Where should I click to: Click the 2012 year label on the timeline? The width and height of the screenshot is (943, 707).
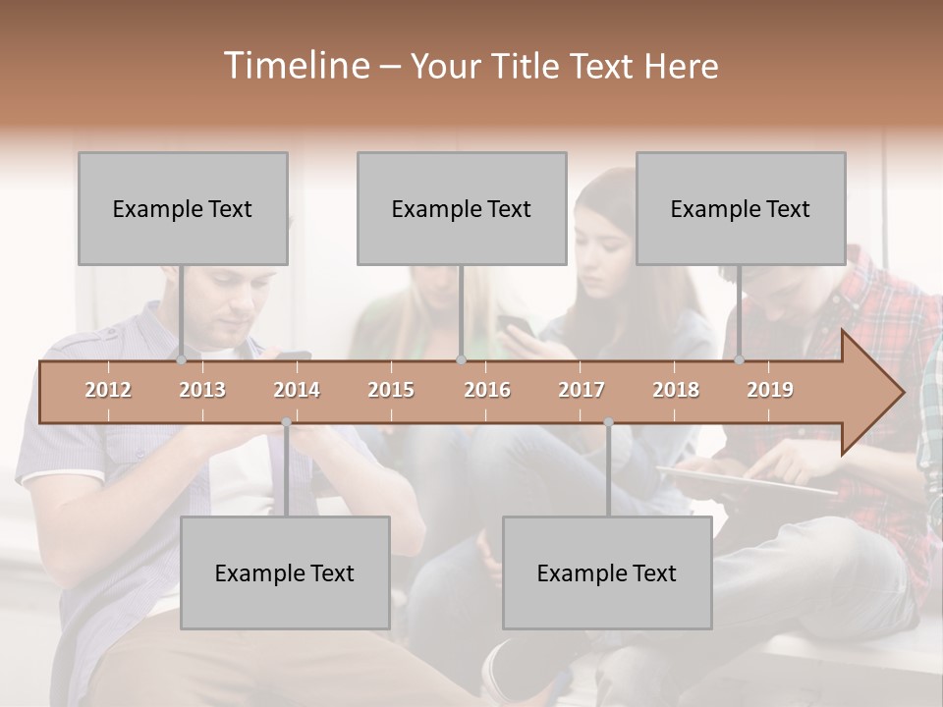pos(108,390)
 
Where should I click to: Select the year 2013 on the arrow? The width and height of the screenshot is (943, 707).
pos(202,390)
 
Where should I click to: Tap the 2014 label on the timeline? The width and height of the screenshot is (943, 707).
pos(297,390)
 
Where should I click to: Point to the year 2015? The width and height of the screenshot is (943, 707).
pos(391,390)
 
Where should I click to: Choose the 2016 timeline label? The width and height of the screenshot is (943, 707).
pos(487,390)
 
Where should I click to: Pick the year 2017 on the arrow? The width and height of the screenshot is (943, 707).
pos(582,390)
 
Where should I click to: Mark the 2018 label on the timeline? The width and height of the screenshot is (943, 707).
pos(676,390)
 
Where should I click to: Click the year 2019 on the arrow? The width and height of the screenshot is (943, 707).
pos(770,390)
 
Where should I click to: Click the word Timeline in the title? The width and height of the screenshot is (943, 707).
pos(295,66)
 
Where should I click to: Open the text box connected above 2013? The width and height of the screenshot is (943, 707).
pos(183,208)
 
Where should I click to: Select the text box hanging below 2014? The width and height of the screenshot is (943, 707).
pos(285,572)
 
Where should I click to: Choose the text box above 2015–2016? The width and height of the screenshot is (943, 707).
pos(462,208)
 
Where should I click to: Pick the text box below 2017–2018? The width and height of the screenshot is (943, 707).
pos(607,572)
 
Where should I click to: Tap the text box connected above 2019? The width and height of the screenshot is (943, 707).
pos(741,208)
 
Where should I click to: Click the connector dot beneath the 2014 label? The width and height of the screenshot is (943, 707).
pos(286,422)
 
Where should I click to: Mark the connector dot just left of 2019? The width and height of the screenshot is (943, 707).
pos(739,360)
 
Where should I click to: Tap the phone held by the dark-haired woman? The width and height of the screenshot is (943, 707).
pos(514,325)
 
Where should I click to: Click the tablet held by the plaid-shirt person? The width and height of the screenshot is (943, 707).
pos(747,480)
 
